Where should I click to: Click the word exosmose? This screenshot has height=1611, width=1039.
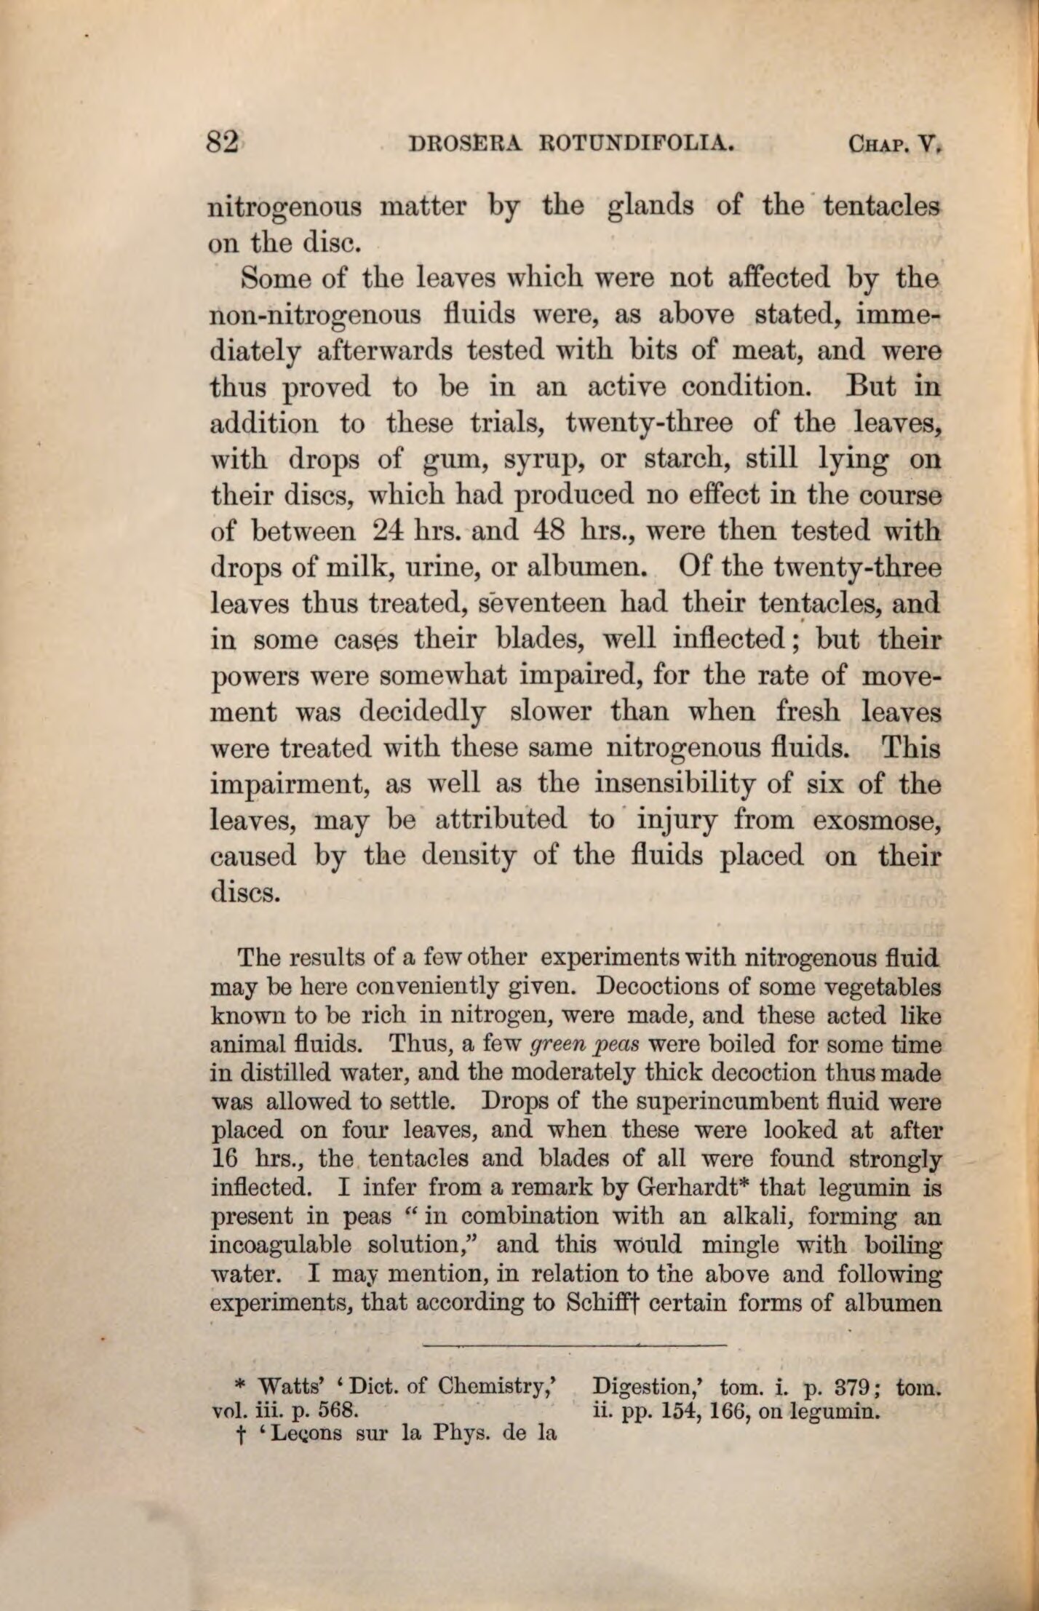(x=877, y=820)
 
